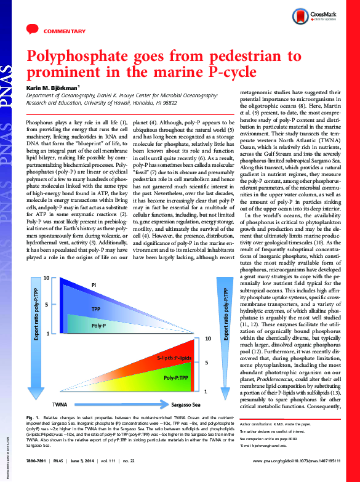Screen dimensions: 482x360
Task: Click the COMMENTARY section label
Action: (x=64, y=31)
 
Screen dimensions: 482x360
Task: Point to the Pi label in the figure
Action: (x=94, y=286)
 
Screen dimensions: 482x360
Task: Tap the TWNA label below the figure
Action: (x=60, y=404)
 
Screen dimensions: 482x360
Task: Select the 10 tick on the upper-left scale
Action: (x=46, y=279)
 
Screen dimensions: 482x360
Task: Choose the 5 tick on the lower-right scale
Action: (x=207, y=363)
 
